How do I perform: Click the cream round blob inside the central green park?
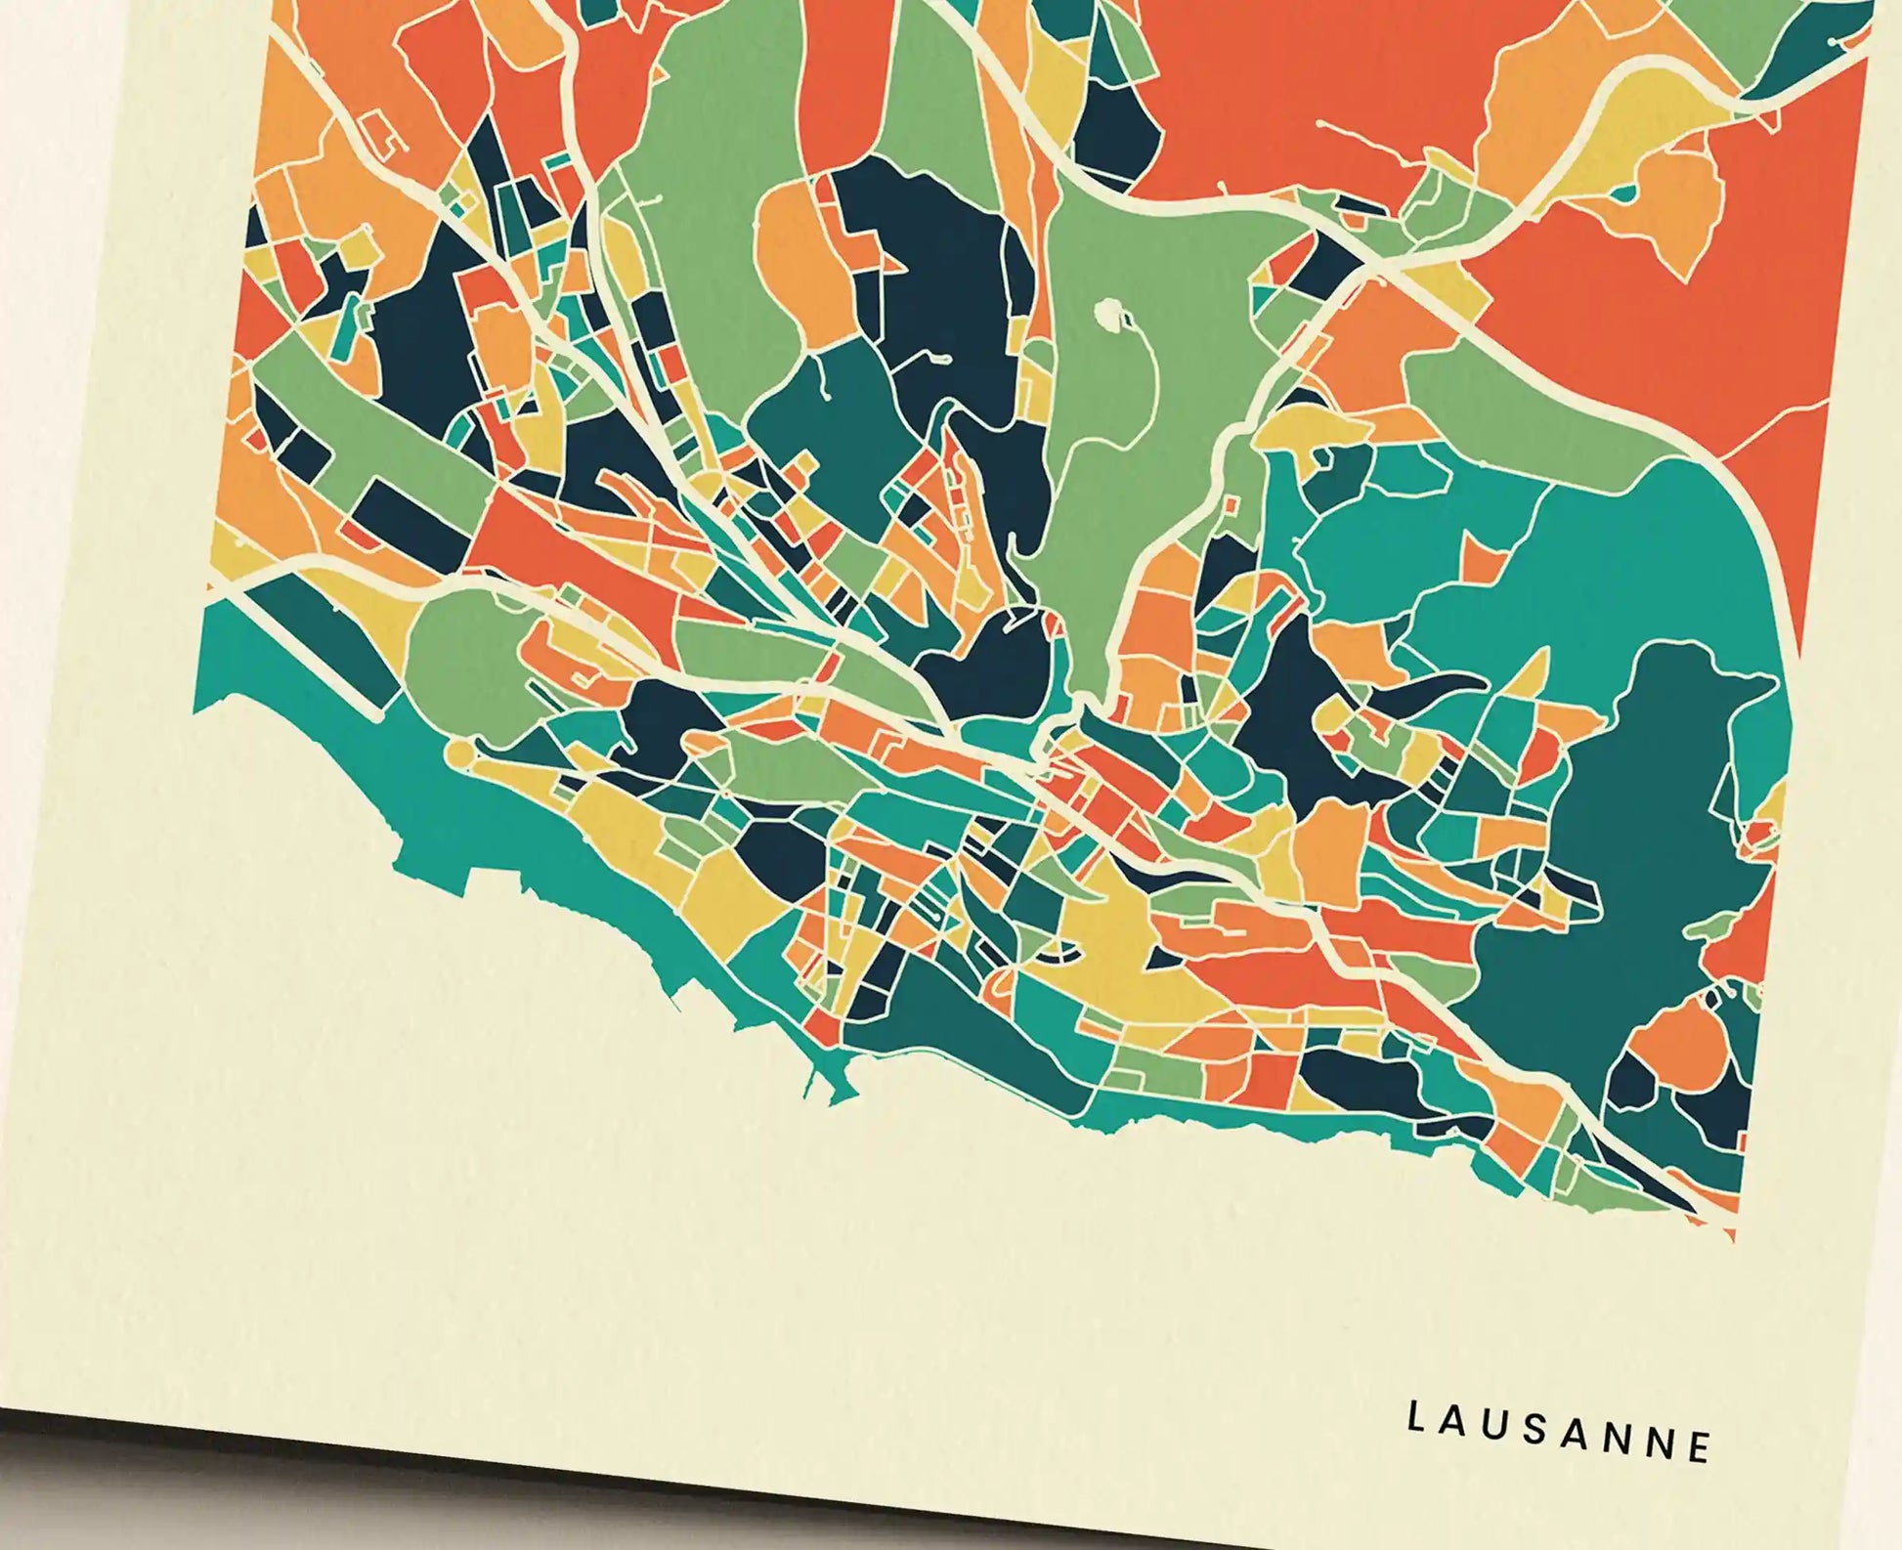point(1108,314)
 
